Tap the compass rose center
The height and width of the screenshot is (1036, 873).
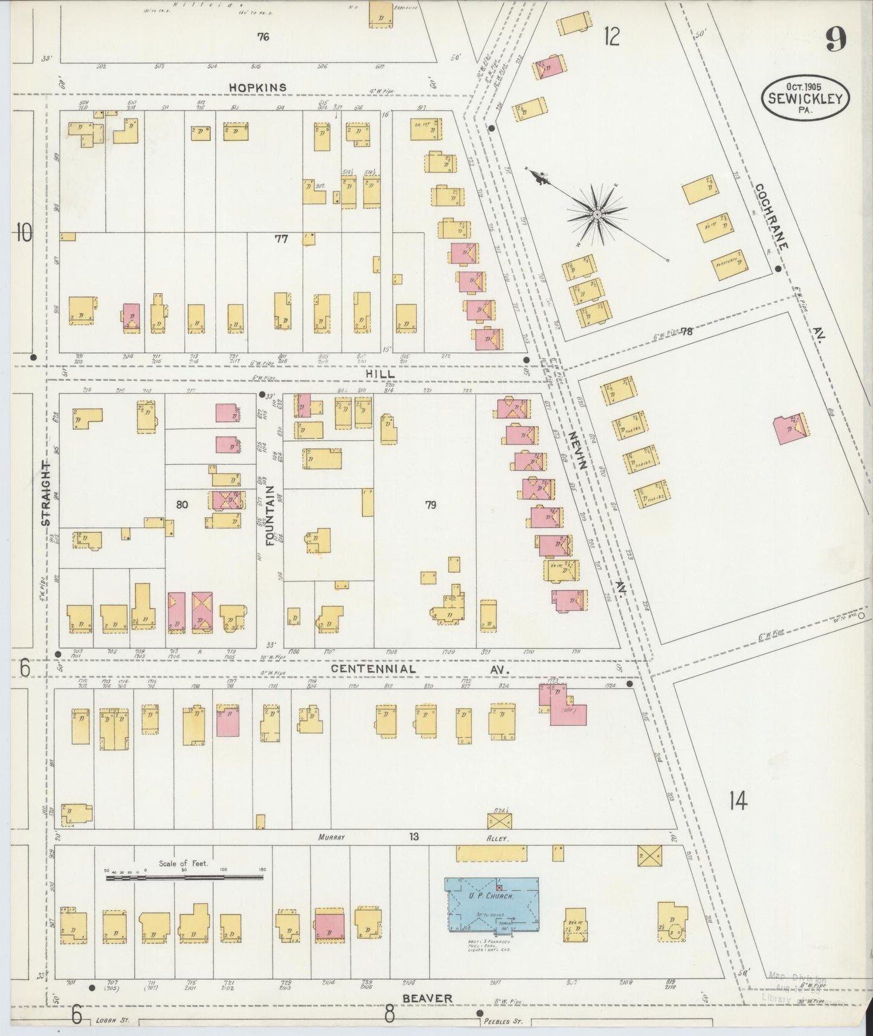click(596, 214)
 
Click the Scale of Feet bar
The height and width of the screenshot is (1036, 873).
click(184, 876)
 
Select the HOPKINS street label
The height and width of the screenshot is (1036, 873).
click(258, 88)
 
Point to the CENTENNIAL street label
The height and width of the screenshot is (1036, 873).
click(373, 669)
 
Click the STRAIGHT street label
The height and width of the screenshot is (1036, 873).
click(45, 494)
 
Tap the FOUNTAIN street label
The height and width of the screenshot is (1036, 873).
click(270, 515)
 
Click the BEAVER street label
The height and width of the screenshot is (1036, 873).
click(427, 998)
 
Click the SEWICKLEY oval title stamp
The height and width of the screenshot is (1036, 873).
click(805, 98)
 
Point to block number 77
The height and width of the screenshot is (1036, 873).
click(282, 239)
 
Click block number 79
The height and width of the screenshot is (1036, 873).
click(430, 505)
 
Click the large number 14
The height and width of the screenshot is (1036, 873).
click(738, 801)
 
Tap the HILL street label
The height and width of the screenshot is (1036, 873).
click(381, 374)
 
